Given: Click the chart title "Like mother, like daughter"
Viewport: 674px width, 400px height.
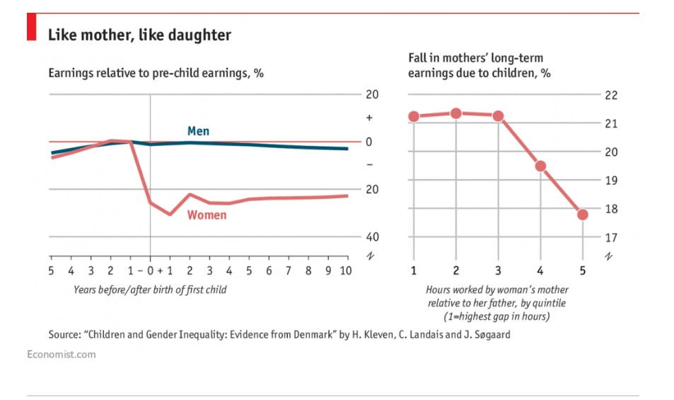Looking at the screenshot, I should [139, 34].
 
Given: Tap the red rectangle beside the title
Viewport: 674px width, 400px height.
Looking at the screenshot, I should [32, 29].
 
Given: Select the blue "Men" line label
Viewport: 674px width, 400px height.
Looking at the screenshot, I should [198, 131].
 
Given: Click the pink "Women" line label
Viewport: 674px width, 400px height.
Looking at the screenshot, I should [207, 215].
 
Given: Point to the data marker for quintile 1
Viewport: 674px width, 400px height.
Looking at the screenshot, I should [414, 117].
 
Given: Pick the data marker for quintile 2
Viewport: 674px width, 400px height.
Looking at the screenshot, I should [456, 113].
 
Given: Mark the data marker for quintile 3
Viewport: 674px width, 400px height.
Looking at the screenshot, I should [498, 116].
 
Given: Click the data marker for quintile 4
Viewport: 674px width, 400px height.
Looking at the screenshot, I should [540, 166].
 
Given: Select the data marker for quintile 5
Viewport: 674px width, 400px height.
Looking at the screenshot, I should [583, 215].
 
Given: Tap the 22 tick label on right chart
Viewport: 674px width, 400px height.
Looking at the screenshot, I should [611, 96].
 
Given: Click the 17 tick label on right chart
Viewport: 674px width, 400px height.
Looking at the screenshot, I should [611, 237].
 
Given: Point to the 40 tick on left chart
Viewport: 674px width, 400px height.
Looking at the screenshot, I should [371, 237].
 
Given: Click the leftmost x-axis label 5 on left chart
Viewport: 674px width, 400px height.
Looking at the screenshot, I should [51, 270].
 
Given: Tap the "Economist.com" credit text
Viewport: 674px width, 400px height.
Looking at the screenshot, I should [61, 354].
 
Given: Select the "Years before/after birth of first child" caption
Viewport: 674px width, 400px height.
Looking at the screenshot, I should [150, 290].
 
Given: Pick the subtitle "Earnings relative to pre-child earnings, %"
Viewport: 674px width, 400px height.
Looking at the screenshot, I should [156, 73].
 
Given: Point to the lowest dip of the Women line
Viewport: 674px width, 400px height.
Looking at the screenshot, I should [170, 214].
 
